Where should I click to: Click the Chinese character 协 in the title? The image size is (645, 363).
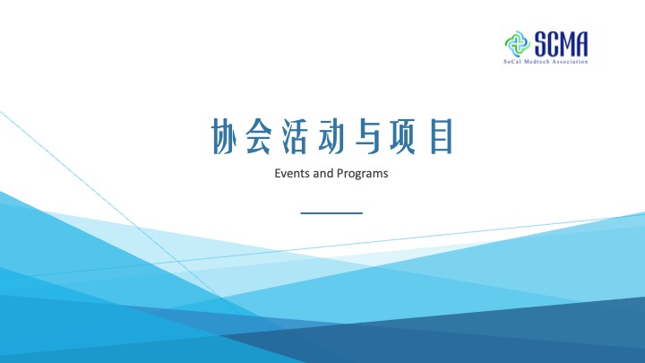pos(225,136)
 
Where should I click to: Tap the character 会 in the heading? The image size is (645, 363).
pos(259,136)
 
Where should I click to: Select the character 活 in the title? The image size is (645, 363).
pos(295,136)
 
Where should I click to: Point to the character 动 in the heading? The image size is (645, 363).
pos(331,136)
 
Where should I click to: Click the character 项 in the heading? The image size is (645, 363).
pos(403,136)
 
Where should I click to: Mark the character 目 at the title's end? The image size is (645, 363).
pos(442,136)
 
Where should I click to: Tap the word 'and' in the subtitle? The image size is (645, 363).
pos(322,173)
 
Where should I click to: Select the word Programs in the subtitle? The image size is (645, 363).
pos(362,174)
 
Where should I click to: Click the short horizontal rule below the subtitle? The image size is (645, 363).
pos(331,213)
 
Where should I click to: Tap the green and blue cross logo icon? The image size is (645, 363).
pos(517,44)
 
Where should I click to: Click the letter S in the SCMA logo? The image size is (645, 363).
pos(541,44)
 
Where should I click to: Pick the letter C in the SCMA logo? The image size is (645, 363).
pos(554,44)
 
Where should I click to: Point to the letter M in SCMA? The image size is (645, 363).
pos(567,44)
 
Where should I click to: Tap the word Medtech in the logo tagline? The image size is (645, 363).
pos(534,62)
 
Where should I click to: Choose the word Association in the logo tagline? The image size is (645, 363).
pos(570,62)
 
